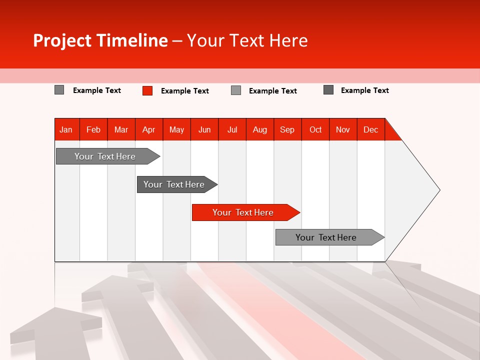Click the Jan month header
point(66,129)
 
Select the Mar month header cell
point(121,129)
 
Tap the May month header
point(176,129)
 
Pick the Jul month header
point(232,129)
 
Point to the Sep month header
point(287,129)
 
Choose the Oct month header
point(315,129)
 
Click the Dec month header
point(370,129)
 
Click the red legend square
point(147,90)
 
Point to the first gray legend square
point(59,90)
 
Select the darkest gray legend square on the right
point(328,90)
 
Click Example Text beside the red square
point(184,91)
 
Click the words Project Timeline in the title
point(100,40)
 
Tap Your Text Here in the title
point(247,40)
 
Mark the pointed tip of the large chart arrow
point(439,190)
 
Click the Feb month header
point(93,129)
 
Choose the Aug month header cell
point(259,129)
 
